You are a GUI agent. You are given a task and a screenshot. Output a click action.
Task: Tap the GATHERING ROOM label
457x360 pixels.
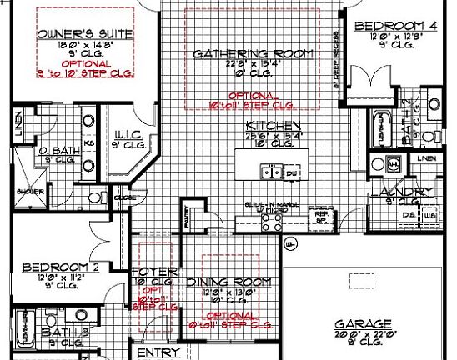pyautogui.click(x=253, y=54)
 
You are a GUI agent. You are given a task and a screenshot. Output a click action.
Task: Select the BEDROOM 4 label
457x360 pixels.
pyautogui.click(x=397, y=26)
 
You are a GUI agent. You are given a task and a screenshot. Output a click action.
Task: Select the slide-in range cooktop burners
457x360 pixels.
pyautogui.click(x=271, y=222)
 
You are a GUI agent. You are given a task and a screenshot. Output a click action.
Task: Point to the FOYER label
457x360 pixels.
pyautogui.click(x=151, y=272)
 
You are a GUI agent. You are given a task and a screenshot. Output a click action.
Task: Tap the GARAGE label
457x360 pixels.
pyautogui.click(x=363, y=323)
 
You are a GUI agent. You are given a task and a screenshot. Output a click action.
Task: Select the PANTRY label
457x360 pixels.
pyautogui.click(x=188, y=214)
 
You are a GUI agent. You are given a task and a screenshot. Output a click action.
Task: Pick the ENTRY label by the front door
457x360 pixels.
pyautogui.click(x=158, y=352)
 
